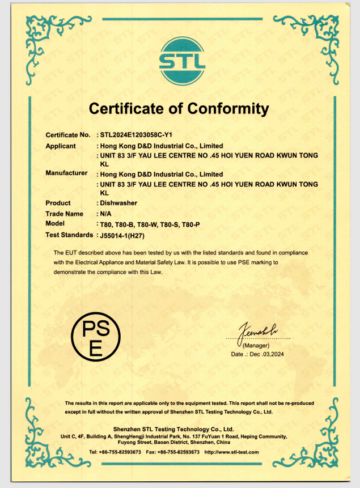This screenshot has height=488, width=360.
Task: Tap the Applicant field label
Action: [x=61, y=146]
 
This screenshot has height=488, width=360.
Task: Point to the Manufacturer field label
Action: [x=66, y=173]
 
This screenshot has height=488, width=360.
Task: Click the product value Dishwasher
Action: [x=118, y=203]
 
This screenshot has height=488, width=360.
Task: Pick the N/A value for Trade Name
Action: [x=106, y=214]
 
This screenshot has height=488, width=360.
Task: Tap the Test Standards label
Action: [x=69, y=235]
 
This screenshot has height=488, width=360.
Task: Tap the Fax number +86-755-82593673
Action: [x=179, y=452]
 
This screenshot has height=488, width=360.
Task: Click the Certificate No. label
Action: [x=67, y=135]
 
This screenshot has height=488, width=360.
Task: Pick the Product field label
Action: [x=58, y=203]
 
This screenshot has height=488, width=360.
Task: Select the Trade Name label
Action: [x=64, y=214]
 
